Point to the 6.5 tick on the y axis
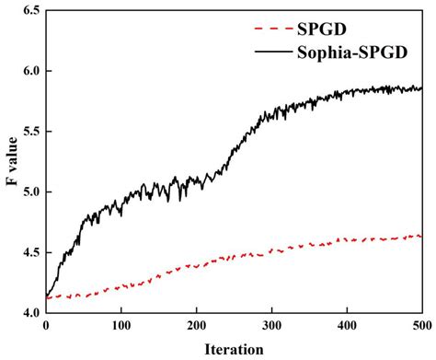pyautogui.click(x=29, y=10)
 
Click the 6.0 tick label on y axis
pyautogui.click(x=29, y=71)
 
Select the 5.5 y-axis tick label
pyautogui.click(x=29, y=132)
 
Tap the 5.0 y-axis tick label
pyautogui.click(x=29, y=192)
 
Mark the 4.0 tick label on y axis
pyautogui.click(x=29, y=313)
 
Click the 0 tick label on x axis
pyautogui.click(x=45, y=326)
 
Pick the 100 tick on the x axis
pyautogui.click(x=120, y=326)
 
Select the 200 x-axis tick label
pyautogui.click(x=196, y=326)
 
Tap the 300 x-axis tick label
pyautogui.click(x=271, y=326)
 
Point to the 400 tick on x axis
pyautogui.click(x=347, y=326)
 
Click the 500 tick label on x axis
pyautogui.click(x=421, y=326)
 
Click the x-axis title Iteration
pyautogui.click(x=234, y=349)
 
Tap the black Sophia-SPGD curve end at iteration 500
pyautogui.click(x=421, y=88)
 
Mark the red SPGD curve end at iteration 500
pyautogui.click(x=421, y=237)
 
